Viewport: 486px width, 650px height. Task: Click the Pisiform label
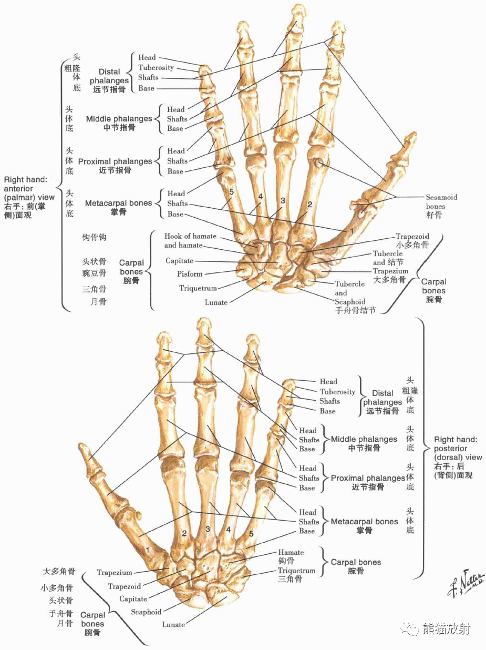pos(189,273)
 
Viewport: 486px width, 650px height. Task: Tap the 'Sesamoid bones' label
pos(441,202)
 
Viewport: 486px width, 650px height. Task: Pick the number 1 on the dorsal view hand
pos(148,549)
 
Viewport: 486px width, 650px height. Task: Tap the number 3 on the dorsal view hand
pos(208,529)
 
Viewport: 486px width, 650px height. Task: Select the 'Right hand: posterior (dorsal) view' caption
pos(458,457)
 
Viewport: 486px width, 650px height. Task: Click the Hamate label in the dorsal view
pos(291,552)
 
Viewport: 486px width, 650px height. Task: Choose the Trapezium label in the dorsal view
pos(114,572)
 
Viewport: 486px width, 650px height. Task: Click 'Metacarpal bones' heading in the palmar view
pos(118,203)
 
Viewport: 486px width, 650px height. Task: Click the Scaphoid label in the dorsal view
pos(146,612)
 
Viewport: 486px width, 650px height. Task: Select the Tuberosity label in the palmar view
pos(156,67)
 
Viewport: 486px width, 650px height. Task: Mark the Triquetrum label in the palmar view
pos(198,288)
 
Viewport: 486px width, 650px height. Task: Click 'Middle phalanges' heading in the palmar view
pos(119,119)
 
